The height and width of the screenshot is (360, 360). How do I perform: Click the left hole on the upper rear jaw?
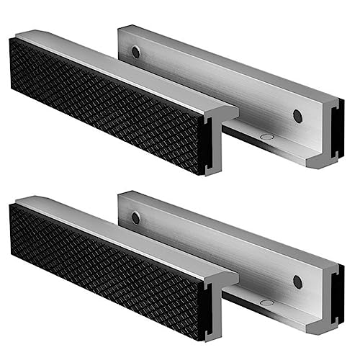tap(135, 52)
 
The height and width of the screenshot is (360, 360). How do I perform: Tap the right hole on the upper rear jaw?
tap(297, 115)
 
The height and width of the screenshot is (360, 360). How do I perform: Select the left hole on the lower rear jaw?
tap(135, 217)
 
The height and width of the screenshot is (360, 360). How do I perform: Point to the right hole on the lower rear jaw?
tap(297, 281)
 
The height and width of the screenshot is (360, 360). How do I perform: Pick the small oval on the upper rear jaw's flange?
tap(267, 135)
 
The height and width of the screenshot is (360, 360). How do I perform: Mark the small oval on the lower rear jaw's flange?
tap(267, 301)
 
